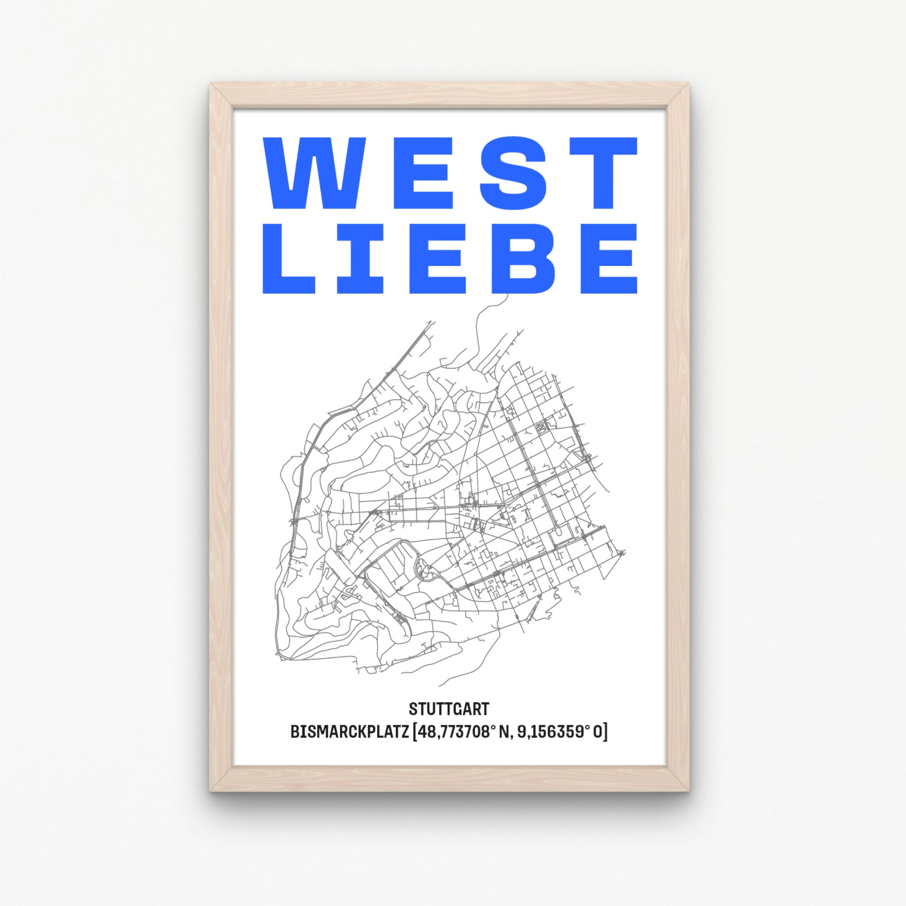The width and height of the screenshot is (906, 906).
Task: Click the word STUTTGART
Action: pos(449,709)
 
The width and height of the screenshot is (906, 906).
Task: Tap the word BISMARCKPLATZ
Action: pos(349,732)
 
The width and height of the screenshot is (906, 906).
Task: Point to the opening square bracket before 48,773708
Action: pos(415,733)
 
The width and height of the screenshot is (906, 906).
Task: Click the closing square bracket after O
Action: pos(605,733)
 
